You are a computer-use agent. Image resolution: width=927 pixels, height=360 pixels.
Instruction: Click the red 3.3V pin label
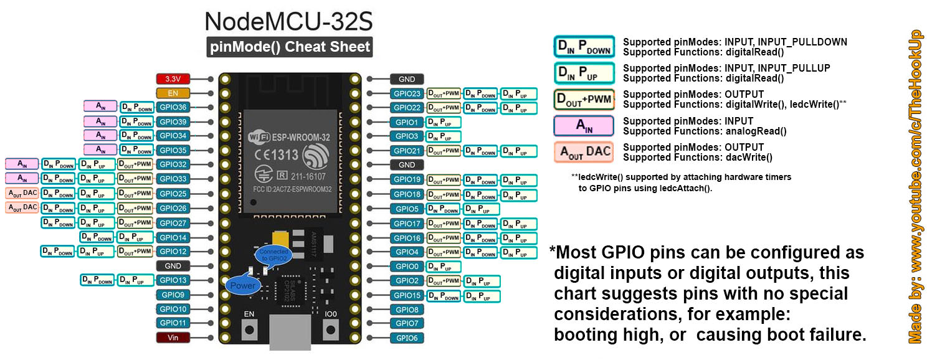(172, 79)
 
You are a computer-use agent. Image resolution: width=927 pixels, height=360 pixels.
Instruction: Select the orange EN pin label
(172, 93)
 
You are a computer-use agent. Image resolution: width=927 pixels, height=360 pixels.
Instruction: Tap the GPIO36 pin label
(172, 108)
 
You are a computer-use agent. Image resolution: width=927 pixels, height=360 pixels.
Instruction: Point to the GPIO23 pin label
(407, 93)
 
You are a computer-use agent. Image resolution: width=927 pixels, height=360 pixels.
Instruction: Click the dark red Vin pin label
(172, 338)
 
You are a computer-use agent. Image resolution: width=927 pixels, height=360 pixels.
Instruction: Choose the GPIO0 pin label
(407, 267)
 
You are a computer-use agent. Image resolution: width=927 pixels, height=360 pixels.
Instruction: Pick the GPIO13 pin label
(172, 280)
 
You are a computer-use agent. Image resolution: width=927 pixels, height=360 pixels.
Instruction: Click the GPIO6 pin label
(407, 338)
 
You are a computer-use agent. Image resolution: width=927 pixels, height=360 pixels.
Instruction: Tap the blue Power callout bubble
(242, 286)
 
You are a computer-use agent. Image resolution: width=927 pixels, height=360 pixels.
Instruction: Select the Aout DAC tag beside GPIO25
(22, 193)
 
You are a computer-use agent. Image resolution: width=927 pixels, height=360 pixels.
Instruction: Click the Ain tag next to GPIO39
(100, 121)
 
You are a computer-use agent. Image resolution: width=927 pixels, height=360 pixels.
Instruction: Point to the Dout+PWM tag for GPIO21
(443, 151)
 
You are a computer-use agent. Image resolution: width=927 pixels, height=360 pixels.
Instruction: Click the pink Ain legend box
(583, 126)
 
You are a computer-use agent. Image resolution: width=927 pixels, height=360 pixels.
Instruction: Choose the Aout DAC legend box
(583, 153)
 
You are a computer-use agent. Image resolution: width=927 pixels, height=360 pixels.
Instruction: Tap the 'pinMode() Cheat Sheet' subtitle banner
(290, 47)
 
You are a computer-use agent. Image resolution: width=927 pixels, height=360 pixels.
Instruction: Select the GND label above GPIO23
(407, 79)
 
